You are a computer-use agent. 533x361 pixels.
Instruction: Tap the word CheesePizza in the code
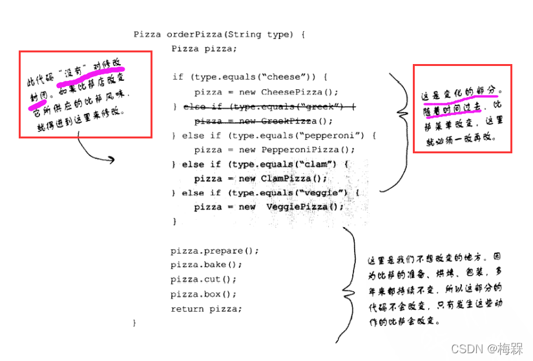(285, 92)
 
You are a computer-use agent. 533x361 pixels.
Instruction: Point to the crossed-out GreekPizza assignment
(264, 121)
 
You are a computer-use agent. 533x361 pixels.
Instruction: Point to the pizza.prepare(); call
(214, 250)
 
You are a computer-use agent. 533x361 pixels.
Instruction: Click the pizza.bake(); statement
(207, 265)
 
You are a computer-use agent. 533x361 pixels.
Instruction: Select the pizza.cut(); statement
(204, 279)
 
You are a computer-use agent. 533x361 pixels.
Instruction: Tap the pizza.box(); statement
(204, 294)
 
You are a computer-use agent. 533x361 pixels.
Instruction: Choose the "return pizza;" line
(207, 309)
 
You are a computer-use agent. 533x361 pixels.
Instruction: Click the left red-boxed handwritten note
(85, 94)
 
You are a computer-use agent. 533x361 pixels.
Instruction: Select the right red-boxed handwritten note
(463, 109)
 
